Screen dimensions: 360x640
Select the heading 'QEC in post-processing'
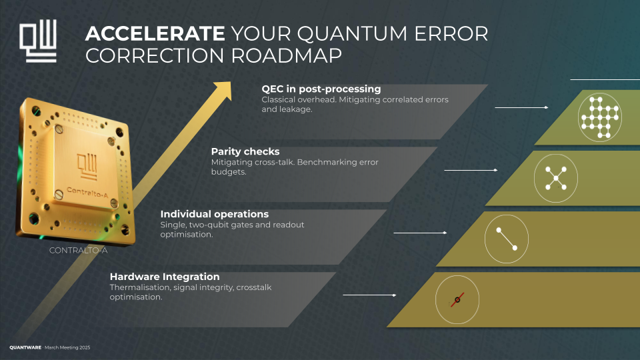click(321, 89)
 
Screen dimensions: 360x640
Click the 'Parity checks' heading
click(245, 151)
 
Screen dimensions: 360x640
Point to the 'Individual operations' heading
click(215, 214)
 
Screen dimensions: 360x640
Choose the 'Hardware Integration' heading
click(165, 277)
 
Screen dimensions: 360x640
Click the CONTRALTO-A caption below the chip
click(79, 251)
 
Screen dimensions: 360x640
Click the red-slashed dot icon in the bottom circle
click(457, 299)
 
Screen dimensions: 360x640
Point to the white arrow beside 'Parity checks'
click(471, 171)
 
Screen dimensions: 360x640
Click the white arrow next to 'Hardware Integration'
click(369, 295)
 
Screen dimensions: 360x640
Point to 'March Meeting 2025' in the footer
click(67, 348)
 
